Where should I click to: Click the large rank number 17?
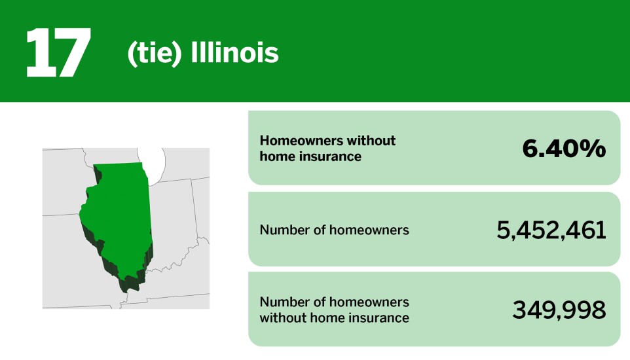[58, 53]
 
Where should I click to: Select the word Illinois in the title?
[234, 54]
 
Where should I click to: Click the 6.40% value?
[563, 149]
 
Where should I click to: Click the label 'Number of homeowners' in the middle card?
[334, 230]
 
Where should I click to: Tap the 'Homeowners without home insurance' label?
[327, 149]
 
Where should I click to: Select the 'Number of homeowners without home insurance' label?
[334, 310]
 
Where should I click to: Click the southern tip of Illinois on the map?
[128, 285]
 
